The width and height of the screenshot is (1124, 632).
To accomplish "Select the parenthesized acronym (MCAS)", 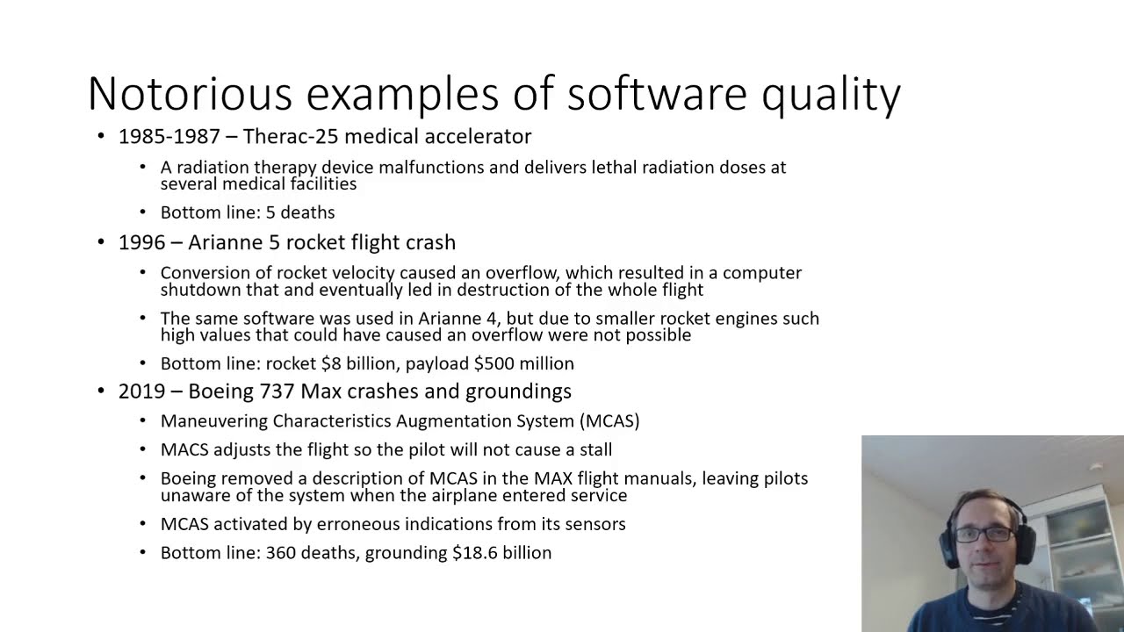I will tap(609, 421).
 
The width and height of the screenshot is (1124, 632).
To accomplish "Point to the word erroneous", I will tap(362, 524).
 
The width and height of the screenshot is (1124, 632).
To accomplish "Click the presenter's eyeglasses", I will tap(983, 533).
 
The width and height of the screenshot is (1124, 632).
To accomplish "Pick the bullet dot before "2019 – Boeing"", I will tap(101, 391).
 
